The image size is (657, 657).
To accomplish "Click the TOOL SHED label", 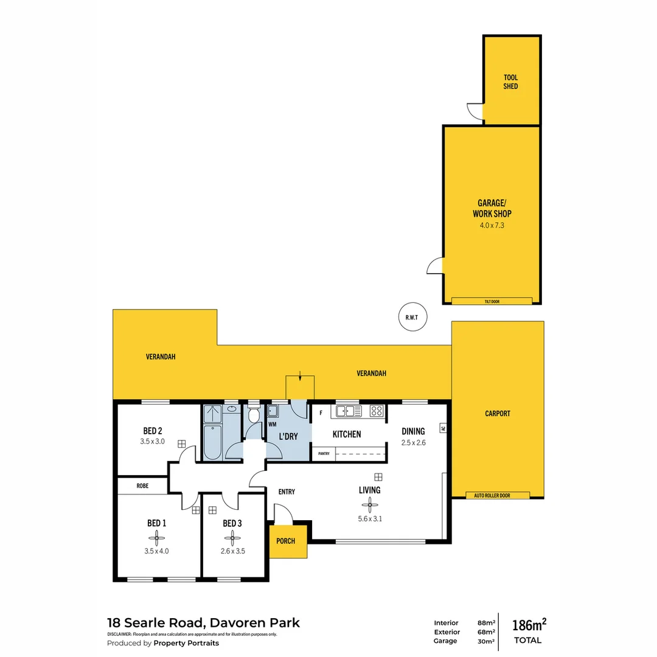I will (x=510, y=82).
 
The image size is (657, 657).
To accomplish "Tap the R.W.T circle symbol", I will (x=413, y=316).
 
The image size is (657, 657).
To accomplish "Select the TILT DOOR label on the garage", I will (x=492, y=301).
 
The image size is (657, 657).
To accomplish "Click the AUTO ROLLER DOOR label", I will (x=492, y=496).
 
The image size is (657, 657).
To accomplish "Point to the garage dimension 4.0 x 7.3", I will (x=492, y=225).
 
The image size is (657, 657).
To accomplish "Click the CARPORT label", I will (x=498, y=414).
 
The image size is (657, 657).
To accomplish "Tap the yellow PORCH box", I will (x=285, y=541).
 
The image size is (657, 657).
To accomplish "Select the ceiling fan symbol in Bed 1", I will (x=156, y=537).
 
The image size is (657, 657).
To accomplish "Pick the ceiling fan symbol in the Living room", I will (x=369, y=504).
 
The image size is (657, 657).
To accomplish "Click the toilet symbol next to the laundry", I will (x=254, y=415).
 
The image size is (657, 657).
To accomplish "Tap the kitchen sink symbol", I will (x=348, y=411).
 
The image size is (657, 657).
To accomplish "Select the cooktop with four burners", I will (x=377, y=411).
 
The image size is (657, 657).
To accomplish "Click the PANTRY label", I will (x=323, y=454).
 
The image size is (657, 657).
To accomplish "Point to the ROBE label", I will (x=142, y=486).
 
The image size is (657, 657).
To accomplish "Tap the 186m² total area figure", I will (x=529, y=625).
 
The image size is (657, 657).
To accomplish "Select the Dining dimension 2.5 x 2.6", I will (x=413, y=443).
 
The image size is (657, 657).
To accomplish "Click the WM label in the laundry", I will (x=272, y=424).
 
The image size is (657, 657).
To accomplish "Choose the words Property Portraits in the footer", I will (x=186, y=643).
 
